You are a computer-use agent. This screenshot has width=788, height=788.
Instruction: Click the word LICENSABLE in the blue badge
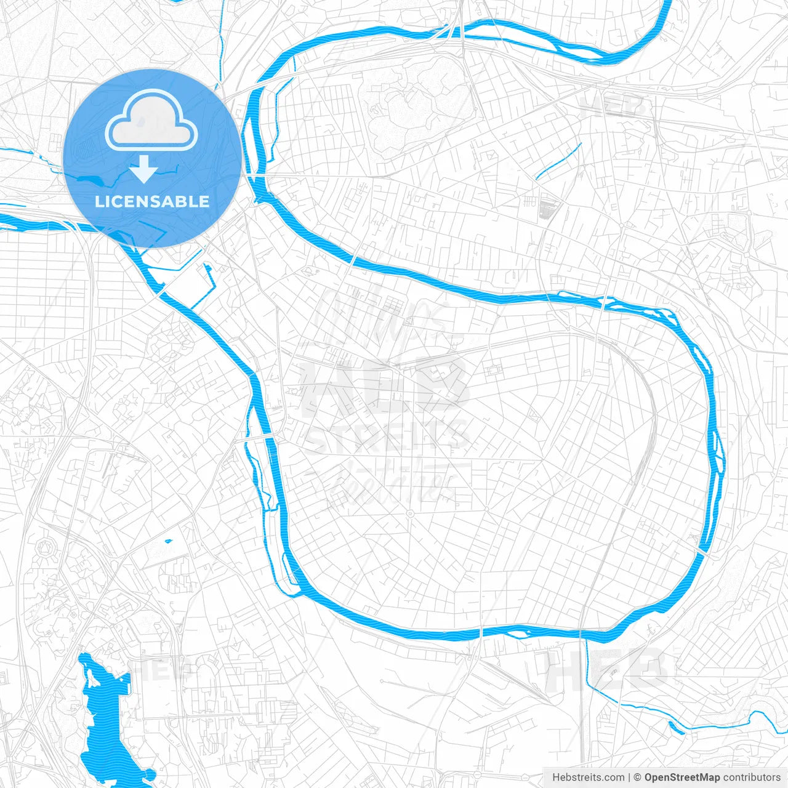152,201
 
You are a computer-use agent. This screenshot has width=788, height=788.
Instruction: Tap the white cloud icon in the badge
151,121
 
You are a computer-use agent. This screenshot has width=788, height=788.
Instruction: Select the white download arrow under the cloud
143,169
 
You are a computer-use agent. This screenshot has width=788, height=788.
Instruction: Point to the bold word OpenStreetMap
681,778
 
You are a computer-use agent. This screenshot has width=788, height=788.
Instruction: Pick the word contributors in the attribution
752,778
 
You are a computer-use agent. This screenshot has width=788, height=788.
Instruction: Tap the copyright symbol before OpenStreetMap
638,778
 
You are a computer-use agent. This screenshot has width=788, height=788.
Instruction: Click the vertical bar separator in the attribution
629,778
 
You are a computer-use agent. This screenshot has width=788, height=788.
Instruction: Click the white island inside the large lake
93,677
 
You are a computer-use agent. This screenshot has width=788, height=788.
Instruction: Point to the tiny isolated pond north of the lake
168,541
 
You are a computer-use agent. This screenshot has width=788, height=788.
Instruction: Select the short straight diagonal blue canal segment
558,161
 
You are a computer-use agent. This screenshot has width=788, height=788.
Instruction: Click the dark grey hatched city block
547,207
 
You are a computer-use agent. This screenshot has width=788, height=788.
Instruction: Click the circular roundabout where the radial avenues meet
410,513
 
